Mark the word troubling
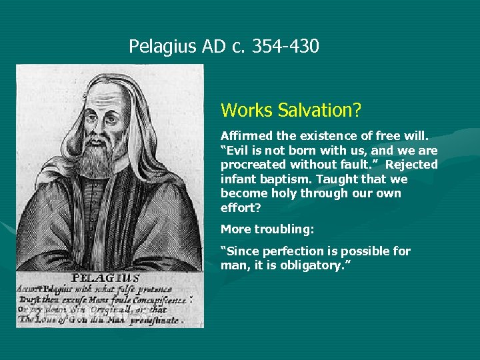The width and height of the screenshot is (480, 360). (285, 229)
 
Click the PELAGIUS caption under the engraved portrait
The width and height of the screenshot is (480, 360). (105, 278)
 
